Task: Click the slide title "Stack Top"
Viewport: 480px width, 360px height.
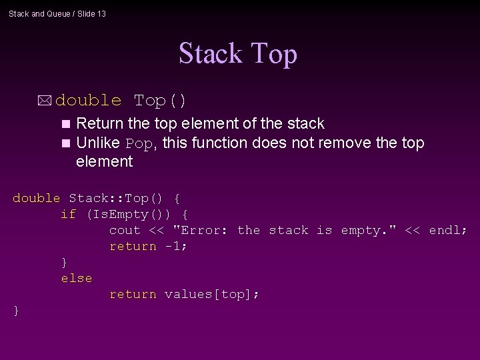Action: (x=237, y=54)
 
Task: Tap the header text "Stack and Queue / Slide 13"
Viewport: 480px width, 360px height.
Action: (x=57, y=13)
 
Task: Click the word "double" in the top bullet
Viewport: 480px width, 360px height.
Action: (x=89, y=101)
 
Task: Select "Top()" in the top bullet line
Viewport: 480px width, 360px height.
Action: (x=160, y=101)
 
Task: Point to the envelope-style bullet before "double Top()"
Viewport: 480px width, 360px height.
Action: (x=45, y=101)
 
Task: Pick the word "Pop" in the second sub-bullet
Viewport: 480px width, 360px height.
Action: (x=139, y=144)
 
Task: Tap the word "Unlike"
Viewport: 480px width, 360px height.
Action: (x=98, y=143)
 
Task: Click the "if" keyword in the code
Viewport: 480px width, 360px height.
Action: (x=68, y=214)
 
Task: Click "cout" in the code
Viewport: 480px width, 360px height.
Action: (x=125, y=230)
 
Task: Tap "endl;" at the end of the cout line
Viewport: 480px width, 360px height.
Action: (x=448, y=230)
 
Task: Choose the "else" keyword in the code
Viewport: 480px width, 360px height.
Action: (x=76, y=278)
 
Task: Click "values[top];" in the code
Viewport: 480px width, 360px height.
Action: (x=211, y=294)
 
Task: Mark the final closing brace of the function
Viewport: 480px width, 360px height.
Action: (x=16, y=310)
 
